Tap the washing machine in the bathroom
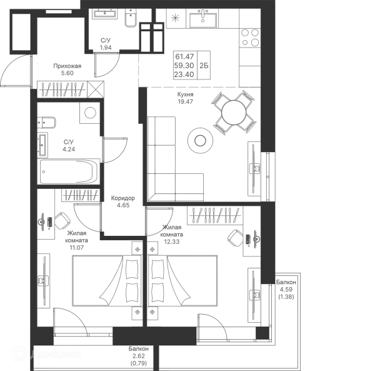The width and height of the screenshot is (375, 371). (88, 114)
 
